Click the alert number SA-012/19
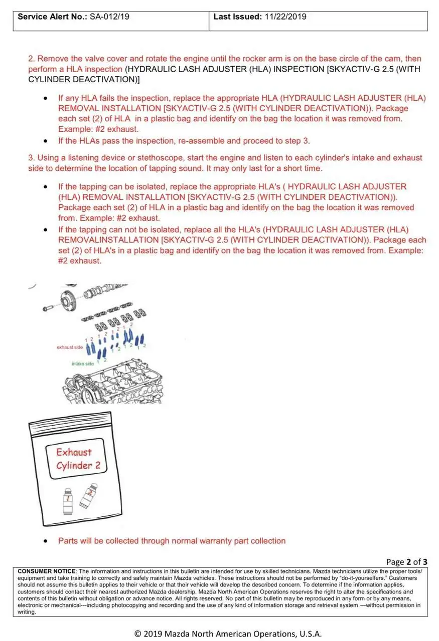point(109,17)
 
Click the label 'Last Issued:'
point(237,17)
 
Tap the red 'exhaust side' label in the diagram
point(70,347)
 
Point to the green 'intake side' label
point(82,364)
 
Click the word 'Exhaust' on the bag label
point(74,452)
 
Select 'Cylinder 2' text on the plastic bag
point(78,466)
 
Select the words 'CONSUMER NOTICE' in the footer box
point(46,571)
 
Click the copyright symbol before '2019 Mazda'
point(137,633)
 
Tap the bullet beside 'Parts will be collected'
point(46,541)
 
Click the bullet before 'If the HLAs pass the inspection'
point(46,141)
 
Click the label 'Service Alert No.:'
point(53,17)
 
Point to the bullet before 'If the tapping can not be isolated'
point(46,230)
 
